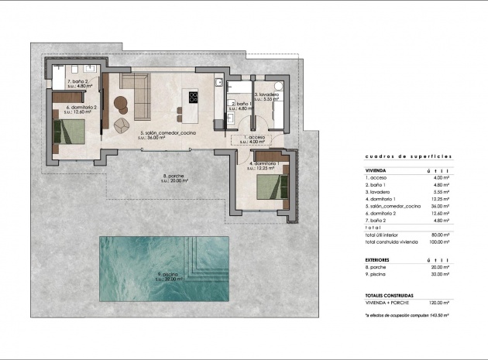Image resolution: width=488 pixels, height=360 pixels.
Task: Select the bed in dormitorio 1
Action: tap(267, 188)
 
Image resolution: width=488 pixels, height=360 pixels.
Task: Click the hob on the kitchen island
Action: tap(193, 98)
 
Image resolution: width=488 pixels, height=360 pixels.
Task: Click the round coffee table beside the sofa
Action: tap(120, 101)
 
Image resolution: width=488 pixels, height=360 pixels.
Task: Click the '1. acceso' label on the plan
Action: tap(252, 139)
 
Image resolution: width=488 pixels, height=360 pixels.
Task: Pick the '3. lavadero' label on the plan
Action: tap(271, 97)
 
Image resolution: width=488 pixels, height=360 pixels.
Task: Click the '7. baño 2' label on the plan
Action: tap(81, 83)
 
